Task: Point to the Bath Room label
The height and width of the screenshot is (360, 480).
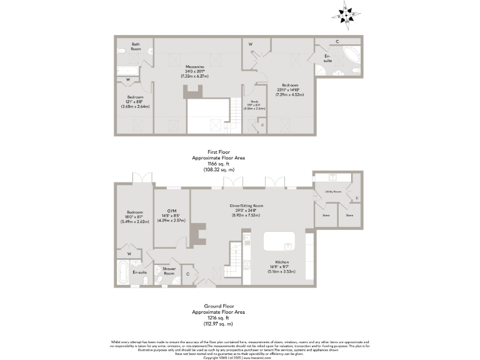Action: (x=136, y=46)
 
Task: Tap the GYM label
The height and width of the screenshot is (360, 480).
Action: (x=171, y=211)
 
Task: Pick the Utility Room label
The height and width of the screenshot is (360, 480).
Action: (x=332, y=191)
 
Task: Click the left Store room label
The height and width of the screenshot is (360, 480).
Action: (x=326, y=215)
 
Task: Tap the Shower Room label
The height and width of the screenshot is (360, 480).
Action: (x=169, y=271)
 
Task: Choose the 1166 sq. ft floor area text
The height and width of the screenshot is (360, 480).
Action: (x=218, y=164)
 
